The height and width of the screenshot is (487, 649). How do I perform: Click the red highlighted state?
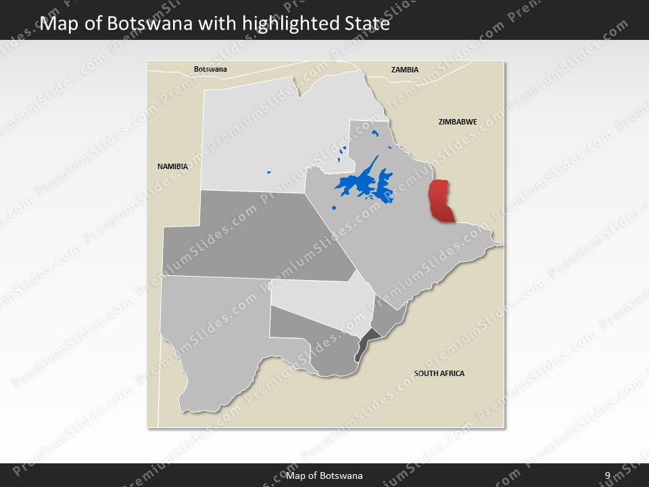pyautogui.click(x=441, y=202)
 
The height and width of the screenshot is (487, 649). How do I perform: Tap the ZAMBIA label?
pyautogui.click(x=405, y=70)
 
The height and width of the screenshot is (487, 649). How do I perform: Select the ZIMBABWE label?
pyautogui.click(x=458, y=122)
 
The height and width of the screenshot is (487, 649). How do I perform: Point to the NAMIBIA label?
pyautogui.click(x=172, y=166)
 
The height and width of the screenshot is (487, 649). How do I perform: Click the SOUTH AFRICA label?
pyautogui.click(x=439, y=373)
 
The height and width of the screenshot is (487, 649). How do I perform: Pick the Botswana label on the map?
pyautogui.click(x=210, y=69)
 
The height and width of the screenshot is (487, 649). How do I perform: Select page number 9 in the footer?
pyautogui.click(x=608, y=476)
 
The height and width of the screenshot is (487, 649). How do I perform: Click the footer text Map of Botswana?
pyautogui.click(x=324, y=476)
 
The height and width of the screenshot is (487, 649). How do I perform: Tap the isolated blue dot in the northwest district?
pyautogui.click(x=268, y=172)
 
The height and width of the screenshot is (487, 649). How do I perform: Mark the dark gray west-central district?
pyautogui.click(x=257, y=237)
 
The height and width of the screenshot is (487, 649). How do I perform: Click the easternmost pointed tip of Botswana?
pyautogui.click(x=501, y=243)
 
